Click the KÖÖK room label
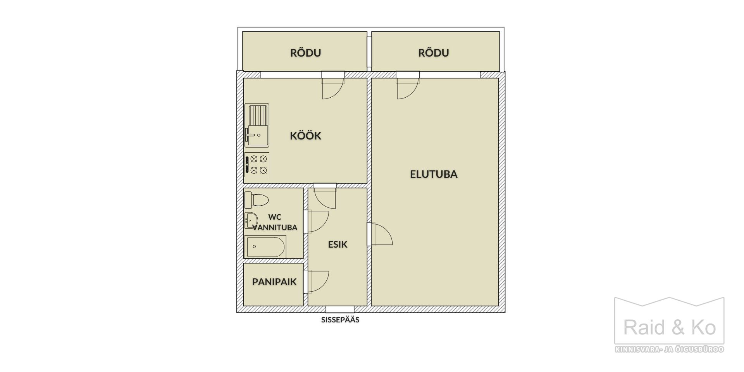click(x=306, y=136)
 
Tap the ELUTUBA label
click(x=434, y=174)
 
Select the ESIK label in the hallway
click(x=338, y=245)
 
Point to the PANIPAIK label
click(x=274, y=282)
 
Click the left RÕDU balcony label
click(x=306, y=52)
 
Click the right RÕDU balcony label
click(x=434, y=52)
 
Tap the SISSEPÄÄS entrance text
click(x=340, y=320)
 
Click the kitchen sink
click(x=257, y=126)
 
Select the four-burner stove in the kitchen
click(x=257, y=165)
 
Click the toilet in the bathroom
click(x=257, y=200)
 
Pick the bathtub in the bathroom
click(x=265, y=246)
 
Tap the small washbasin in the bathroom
click(x=251, y=220)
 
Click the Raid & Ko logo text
click(x=669, y=328)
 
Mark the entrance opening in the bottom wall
click(x=340, y=309)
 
